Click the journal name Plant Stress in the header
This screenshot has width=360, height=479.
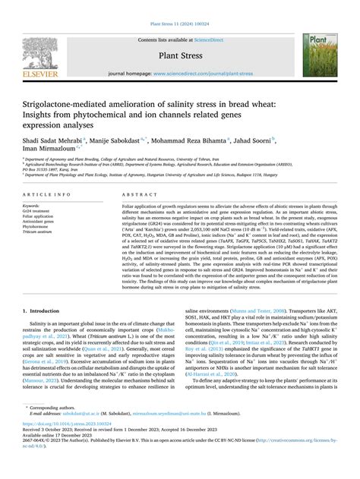[179, 55]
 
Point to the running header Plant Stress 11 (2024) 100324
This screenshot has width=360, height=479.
[179, 9]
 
